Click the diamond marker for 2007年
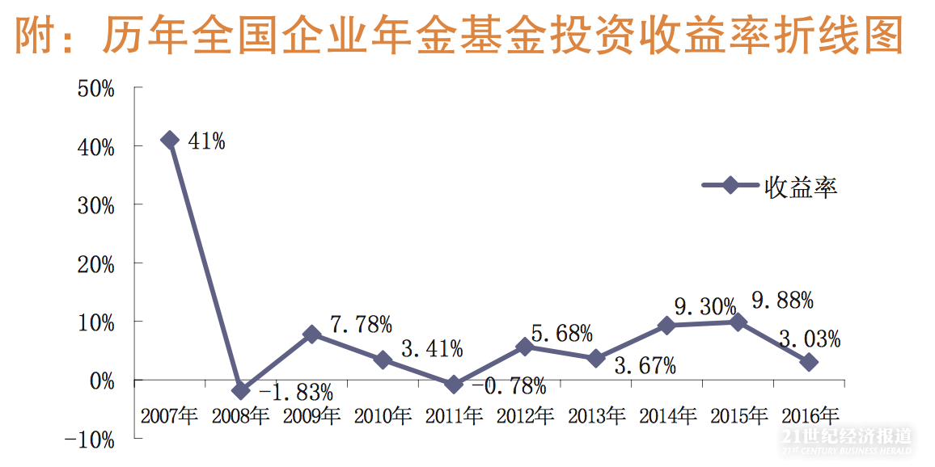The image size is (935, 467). (169, 141)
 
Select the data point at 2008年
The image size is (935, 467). (240, 390)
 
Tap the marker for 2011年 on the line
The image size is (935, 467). (454, 385)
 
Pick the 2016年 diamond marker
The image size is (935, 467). (809, 363)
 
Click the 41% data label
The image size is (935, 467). (206, 141)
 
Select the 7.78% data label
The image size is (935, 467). (362, 325)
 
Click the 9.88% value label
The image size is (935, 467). (783, 301)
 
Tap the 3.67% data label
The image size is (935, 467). (645, 366)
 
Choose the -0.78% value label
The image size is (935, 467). (509, 386)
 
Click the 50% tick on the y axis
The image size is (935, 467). (95, 88)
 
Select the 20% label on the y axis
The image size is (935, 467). (95, 264)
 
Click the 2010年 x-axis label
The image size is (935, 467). (383, 417)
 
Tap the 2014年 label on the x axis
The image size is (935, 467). (667, 417)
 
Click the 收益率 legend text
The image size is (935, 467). (801, 187)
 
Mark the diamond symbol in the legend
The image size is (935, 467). (729, 186)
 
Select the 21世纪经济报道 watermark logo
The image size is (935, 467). (848, 439)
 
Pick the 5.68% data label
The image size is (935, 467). (562, 333)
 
